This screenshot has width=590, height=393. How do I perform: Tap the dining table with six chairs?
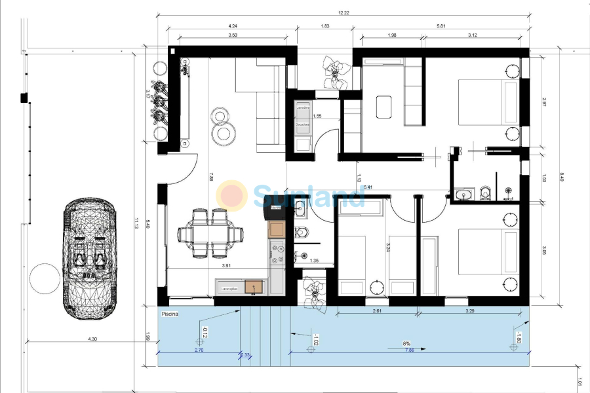click(x=210, y=233)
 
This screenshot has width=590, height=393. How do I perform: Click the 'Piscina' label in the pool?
click(x=170, y=314)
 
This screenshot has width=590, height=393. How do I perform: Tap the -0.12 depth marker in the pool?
click(x=204, y=333)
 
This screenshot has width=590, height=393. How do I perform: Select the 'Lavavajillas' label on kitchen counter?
click(x=229, y=288)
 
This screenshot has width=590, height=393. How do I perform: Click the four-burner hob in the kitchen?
click(x=277, y=253)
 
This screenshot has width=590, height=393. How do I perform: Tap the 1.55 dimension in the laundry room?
click(x=317, y=117)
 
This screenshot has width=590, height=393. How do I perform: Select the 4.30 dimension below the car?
click(x=92, y=339)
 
